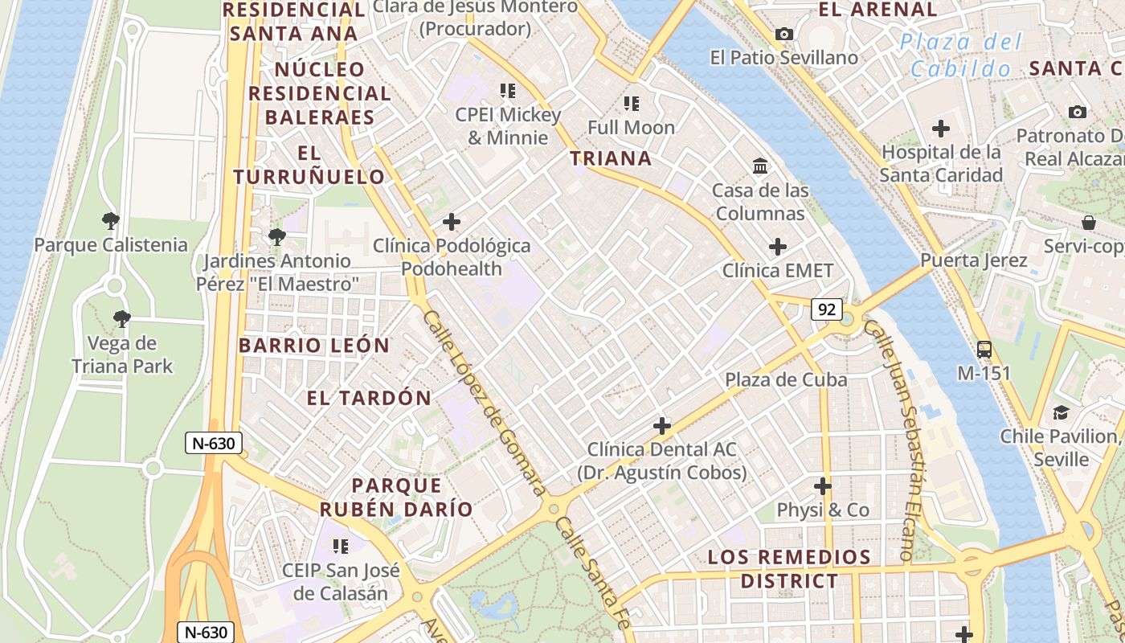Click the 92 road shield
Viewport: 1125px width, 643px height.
point(826,309)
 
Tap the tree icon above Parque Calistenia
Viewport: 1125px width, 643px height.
point(111,221)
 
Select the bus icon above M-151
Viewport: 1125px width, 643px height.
point(984,350)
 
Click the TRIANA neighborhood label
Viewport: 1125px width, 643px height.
point(611,158)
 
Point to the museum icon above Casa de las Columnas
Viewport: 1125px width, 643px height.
point(759,166)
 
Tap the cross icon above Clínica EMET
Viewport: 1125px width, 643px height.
point(777,247)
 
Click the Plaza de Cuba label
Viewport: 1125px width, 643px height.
point(786,379)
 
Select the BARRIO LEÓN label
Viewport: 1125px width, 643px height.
point(314,346)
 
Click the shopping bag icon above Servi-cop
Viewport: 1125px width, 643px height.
point(1088,223)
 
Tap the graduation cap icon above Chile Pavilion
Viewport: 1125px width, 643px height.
point(1061,413)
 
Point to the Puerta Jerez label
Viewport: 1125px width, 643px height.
point(973,260)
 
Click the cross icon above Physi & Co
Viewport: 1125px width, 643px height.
point(822,486)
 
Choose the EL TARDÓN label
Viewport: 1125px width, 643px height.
point(370,398)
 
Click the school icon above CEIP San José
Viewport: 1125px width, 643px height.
point(341,547)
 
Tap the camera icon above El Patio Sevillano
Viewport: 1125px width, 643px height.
point(783,35)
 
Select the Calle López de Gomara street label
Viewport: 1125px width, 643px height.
point(485,402)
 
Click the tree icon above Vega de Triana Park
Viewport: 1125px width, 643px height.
point(121,320)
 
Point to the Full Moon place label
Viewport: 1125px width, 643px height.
point(631,127)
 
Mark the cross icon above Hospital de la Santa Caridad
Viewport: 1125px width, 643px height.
point(940,129)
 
